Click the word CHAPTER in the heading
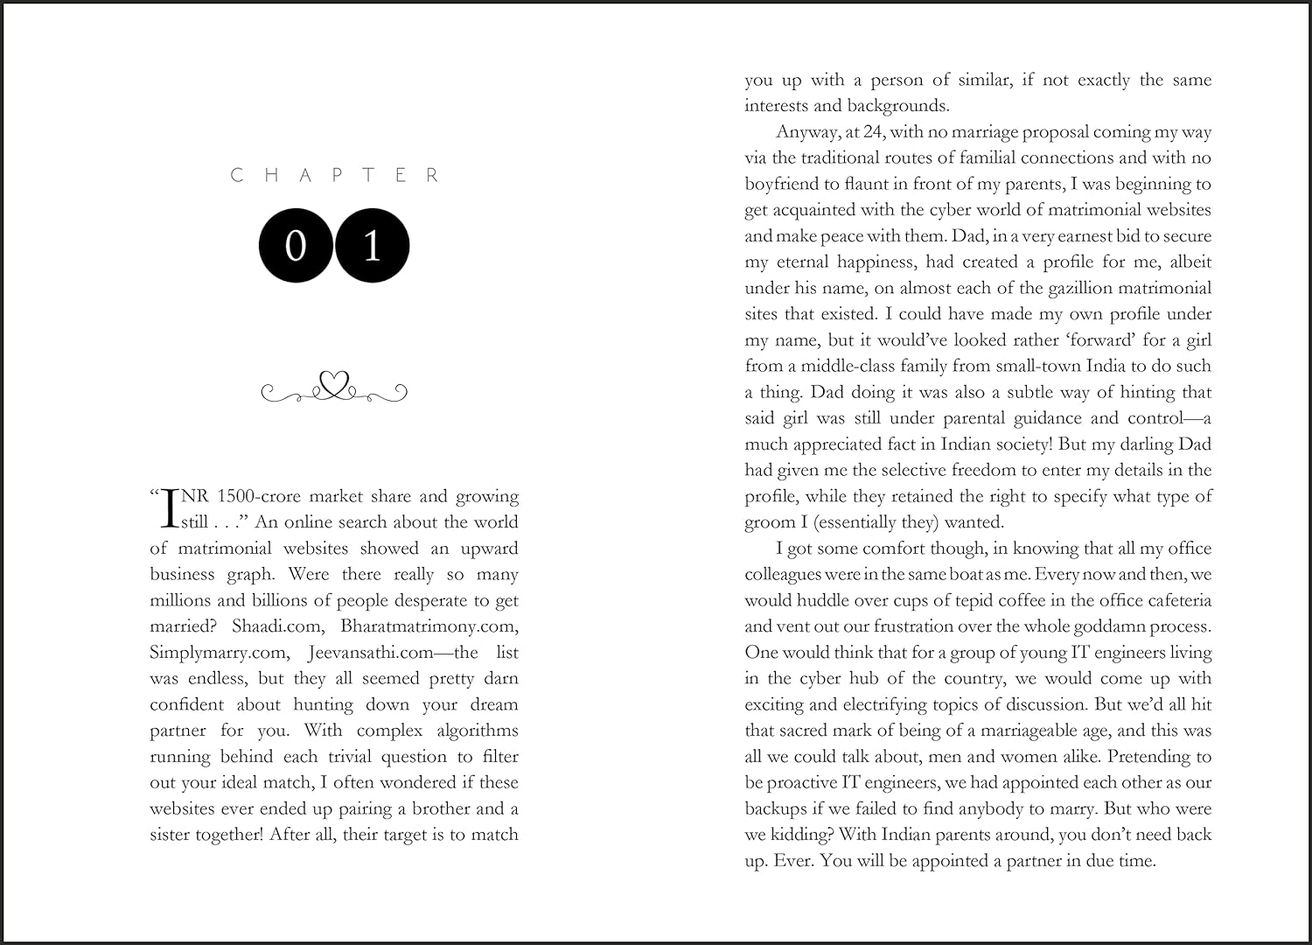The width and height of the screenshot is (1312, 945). [x=334, y=175]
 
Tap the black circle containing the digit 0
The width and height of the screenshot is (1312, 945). [x=296, y=246]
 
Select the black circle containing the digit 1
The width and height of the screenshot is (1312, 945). [x=373, y=246]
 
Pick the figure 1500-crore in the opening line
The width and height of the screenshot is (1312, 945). [x=258, y=496]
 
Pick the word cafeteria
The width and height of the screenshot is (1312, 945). [x=1172, y=600]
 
